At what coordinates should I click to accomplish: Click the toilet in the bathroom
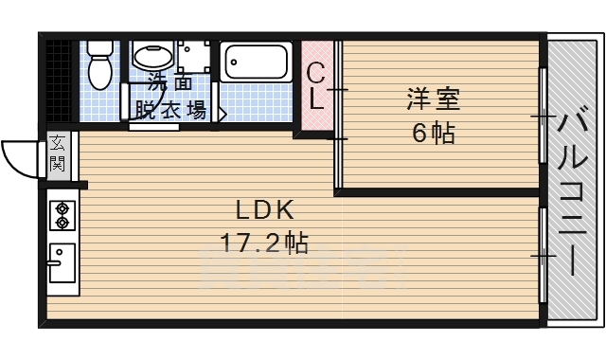(98, 64)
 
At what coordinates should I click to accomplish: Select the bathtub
(256, 63)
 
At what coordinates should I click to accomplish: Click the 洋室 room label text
(433, 98)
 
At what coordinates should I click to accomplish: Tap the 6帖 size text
(433, 133)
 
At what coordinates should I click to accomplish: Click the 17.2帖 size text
(264, 243)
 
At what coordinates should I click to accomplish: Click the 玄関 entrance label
(58, 154)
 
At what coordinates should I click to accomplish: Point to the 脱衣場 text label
(171, 110)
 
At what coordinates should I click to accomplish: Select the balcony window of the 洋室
(543, 116)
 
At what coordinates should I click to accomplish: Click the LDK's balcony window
(543, 254)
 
